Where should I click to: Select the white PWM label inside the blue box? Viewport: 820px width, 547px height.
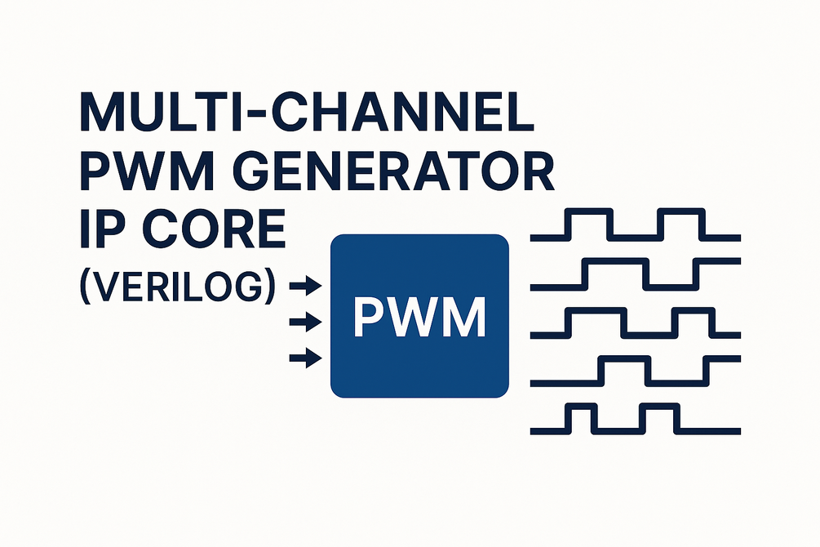coord(419,317)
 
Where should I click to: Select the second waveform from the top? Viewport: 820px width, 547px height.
coord(635,274)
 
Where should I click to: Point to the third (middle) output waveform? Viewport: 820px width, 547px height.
coord(635,322)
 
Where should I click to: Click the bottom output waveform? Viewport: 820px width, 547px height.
coord(635,417)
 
